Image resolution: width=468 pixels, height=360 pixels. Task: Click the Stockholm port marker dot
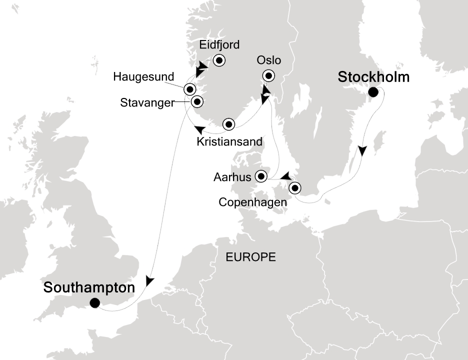tap(373, 92)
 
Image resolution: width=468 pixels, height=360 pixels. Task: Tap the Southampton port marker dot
tap(94, 303)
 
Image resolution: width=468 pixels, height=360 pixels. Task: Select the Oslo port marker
tap(269, 76)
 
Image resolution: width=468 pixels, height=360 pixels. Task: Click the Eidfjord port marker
tap(219, 60)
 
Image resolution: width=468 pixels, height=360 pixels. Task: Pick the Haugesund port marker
tap(189, 89)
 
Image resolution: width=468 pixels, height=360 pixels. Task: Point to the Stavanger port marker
tap(197, 101)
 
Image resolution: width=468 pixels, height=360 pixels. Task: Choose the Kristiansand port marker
tap(228, 123)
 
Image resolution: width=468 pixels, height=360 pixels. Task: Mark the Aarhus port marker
tap(261, 176)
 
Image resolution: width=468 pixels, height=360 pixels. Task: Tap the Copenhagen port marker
tap(295, 188)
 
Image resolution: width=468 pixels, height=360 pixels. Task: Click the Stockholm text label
tap(373, 77)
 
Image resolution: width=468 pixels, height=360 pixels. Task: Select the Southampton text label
tap(89, 288)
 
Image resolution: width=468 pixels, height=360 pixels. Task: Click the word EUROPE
tap(250, 257)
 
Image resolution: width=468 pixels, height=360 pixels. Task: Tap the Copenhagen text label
tap(253, 202)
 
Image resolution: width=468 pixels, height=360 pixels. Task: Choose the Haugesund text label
tap(143, 77)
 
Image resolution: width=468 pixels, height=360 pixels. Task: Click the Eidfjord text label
tap(219, 45)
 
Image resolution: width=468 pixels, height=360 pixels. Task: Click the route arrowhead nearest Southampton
tap(149, 281)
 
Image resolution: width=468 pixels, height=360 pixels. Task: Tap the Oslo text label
tap(269, 60)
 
